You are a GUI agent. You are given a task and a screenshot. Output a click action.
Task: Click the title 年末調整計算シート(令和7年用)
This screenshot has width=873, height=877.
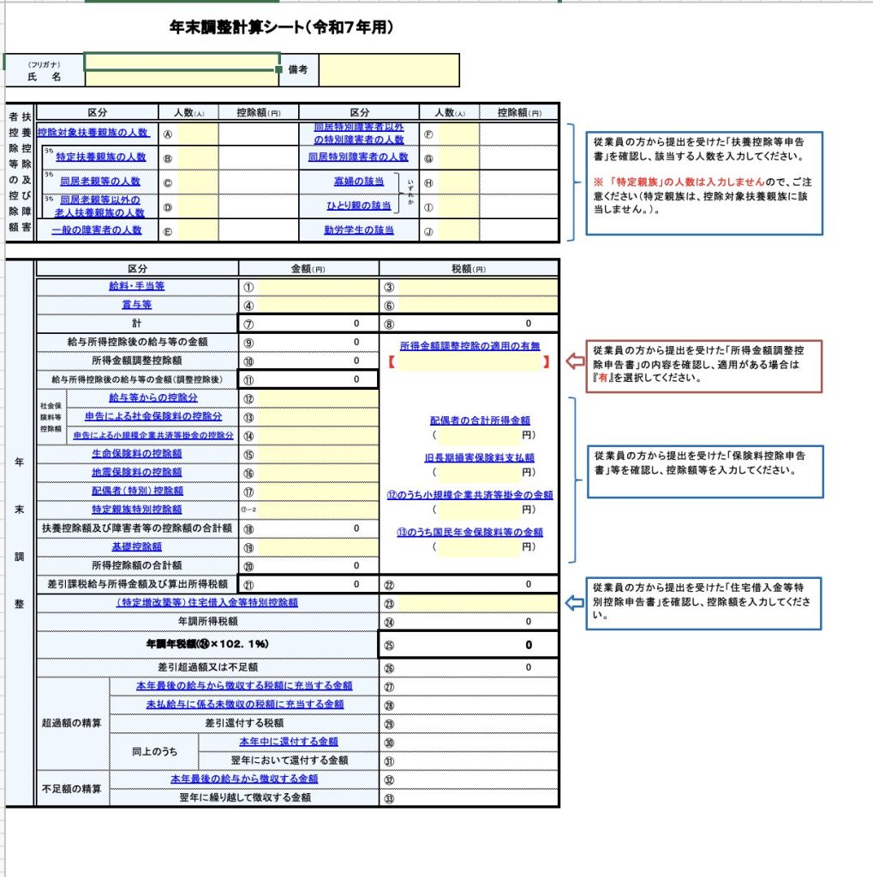pos(282,27)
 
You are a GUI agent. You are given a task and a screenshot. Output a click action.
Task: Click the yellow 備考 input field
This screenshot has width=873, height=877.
pos(389,70)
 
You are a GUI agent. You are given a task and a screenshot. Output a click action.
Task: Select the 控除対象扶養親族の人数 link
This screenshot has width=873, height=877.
pos(94,133)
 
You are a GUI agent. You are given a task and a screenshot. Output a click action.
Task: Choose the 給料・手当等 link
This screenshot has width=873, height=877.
pos(137,286)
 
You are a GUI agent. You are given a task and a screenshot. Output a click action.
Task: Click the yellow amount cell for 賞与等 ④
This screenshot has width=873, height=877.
pos(317,305)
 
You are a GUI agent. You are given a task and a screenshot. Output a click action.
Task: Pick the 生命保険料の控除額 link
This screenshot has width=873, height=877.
pos(137,453)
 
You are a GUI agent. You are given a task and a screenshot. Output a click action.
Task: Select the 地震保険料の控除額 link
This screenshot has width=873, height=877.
pos(137,472)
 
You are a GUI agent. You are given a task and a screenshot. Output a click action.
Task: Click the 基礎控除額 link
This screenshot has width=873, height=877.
pos(137,546)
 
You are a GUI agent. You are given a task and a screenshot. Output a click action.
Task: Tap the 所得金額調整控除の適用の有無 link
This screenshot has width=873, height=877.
pos(469,346)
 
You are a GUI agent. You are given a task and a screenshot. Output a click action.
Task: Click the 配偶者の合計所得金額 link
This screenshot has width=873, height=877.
pos(480,421)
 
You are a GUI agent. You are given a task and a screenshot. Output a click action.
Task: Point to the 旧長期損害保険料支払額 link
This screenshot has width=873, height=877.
pos(480,457)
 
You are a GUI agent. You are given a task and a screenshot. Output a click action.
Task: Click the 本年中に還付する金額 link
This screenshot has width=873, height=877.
pos(288,742)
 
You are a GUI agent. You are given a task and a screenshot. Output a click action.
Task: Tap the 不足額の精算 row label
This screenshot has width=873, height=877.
pos(73,788)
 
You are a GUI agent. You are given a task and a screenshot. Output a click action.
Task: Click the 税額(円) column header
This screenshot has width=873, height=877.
pos(469,268)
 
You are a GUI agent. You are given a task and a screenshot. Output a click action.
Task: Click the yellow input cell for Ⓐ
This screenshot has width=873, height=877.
pos(198,134)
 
